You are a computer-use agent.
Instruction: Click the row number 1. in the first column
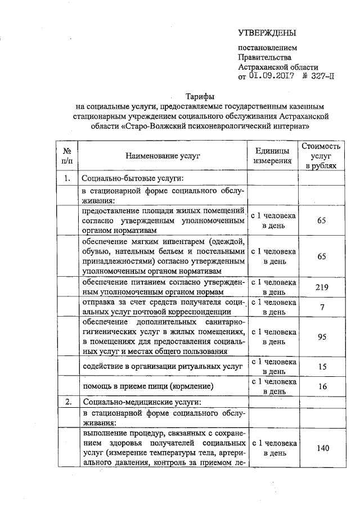tap(67, 179)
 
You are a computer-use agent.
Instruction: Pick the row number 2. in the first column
tap(67, 402)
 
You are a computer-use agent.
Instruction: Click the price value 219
tap(321, 287)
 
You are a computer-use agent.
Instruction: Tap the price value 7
tap(321, 307)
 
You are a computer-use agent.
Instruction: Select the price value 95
tap(321, 337)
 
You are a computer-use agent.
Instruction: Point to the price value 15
tap(321, 367)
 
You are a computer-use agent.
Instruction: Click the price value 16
tap(321, 387)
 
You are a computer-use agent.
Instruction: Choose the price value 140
tap(321, 448)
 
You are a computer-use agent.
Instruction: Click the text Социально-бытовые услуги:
tap(133, 179)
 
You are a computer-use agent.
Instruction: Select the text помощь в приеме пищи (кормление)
tap(148, 387)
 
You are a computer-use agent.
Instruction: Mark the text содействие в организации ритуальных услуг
tap(162, 367)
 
